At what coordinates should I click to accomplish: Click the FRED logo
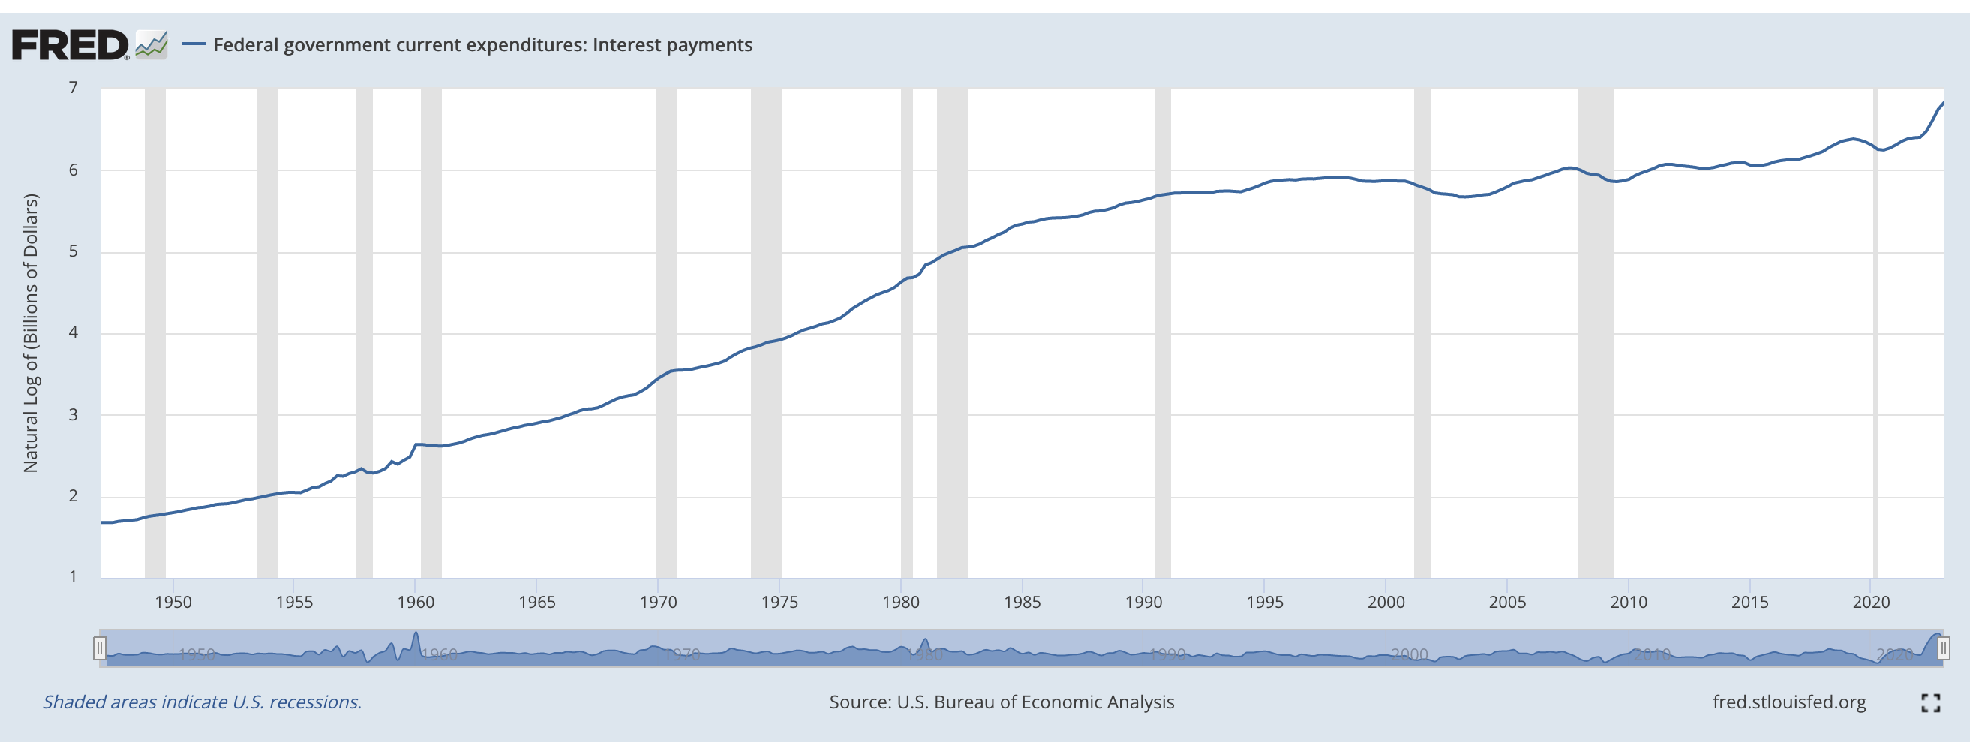coord(71,45)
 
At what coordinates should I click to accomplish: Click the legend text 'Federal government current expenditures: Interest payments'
coord(482,45)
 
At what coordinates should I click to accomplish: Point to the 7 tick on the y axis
coord(74,88)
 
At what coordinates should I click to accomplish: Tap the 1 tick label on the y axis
coord(74,577)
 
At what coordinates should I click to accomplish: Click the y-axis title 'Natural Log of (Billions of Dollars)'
coord(31,333)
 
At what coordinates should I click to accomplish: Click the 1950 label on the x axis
coord(173,602)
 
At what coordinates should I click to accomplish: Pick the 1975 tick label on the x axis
coord(779,602)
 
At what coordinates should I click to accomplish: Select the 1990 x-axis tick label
coord(1143,602)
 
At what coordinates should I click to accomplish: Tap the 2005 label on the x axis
coord(1507,602)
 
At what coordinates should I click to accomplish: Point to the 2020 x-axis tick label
coord(1870,602)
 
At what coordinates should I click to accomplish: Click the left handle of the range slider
coord(100,649)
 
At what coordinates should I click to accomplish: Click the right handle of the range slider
coord(1943,649)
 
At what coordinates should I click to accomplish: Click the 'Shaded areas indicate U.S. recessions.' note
coord(202,702)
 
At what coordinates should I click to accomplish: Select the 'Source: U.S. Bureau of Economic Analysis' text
coord(1002,702)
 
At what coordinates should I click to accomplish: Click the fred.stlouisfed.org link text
coord(1788,702)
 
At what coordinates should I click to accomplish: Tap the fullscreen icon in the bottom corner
coord(1930,703)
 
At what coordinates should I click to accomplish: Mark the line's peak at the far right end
coord(1943,104)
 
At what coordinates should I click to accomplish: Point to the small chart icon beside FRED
coord(152,44)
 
